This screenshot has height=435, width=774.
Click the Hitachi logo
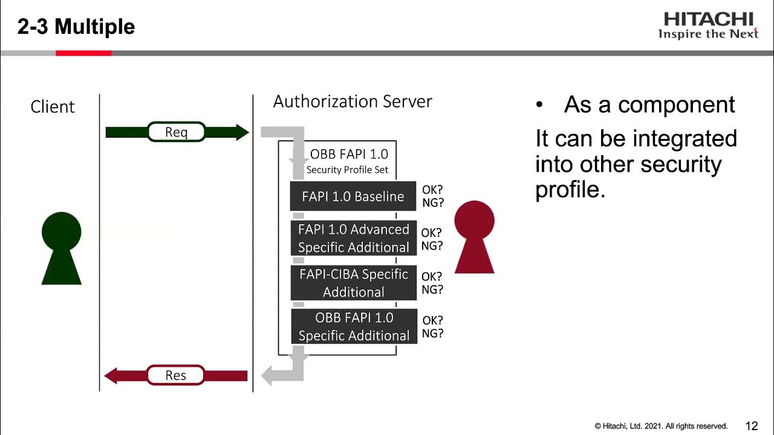[x=708, y=25]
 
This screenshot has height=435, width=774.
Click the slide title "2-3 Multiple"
[x=76, y=27]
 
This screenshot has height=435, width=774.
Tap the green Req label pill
[x=177, y=132]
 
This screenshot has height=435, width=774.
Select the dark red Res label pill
[x=176, y=375]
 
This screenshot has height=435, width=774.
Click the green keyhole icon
[x=61, y=248]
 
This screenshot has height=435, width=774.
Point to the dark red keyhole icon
[x=474, y=237]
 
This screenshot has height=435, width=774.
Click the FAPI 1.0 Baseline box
[x=353, y=196]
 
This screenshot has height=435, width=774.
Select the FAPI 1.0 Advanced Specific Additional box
[x=354, y=238]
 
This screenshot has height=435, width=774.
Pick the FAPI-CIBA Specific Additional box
[x=354, y=283]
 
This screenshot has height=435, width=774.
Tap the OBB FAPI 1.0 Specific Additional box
[x=354, y=326]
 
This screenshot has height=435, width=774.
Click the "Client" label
[x=53, y=107]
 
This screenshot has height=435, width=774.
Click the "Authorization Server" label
[x=353, y=101]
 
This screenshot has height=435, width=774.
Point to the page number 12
[x=752, y=426]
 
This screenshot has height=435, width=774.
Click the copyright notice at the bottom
[x=661, y=426]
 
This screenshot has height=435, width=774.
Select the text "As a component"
[x=649, y=105]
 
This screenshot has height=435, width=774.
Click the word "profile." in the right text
[x=570, y=190]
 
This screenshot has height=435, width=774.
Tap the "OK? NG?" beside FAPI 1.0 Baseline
[x=432, y=196]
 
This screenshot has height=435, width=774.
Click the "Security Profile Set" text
[x=347, y=170]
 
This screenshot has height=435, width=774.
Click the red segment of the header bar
[x=83, y=53]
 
